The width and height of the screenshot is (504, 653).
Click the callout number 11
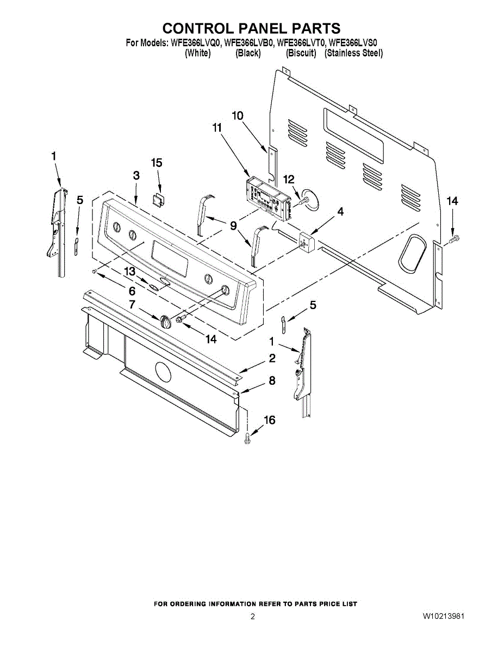coord(217,128)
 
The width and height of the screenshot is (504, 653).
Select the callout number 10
coord(238,115)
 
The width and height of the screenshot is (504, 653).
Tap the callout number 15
coord(157,163)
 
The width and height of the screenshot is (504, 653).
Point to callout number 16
coord(270,420)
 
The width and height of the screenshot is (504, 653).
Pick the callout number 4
coord(340,211)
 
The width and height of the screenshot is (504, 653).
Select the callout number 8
coord(272,381)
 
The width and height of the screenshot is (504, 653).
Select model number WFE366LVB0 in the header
coord(249,42)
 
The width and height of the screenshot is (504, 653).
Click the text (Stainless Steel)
coord(353,53)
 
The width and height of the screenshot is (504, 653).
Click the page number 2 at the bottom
coord(252,617)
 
